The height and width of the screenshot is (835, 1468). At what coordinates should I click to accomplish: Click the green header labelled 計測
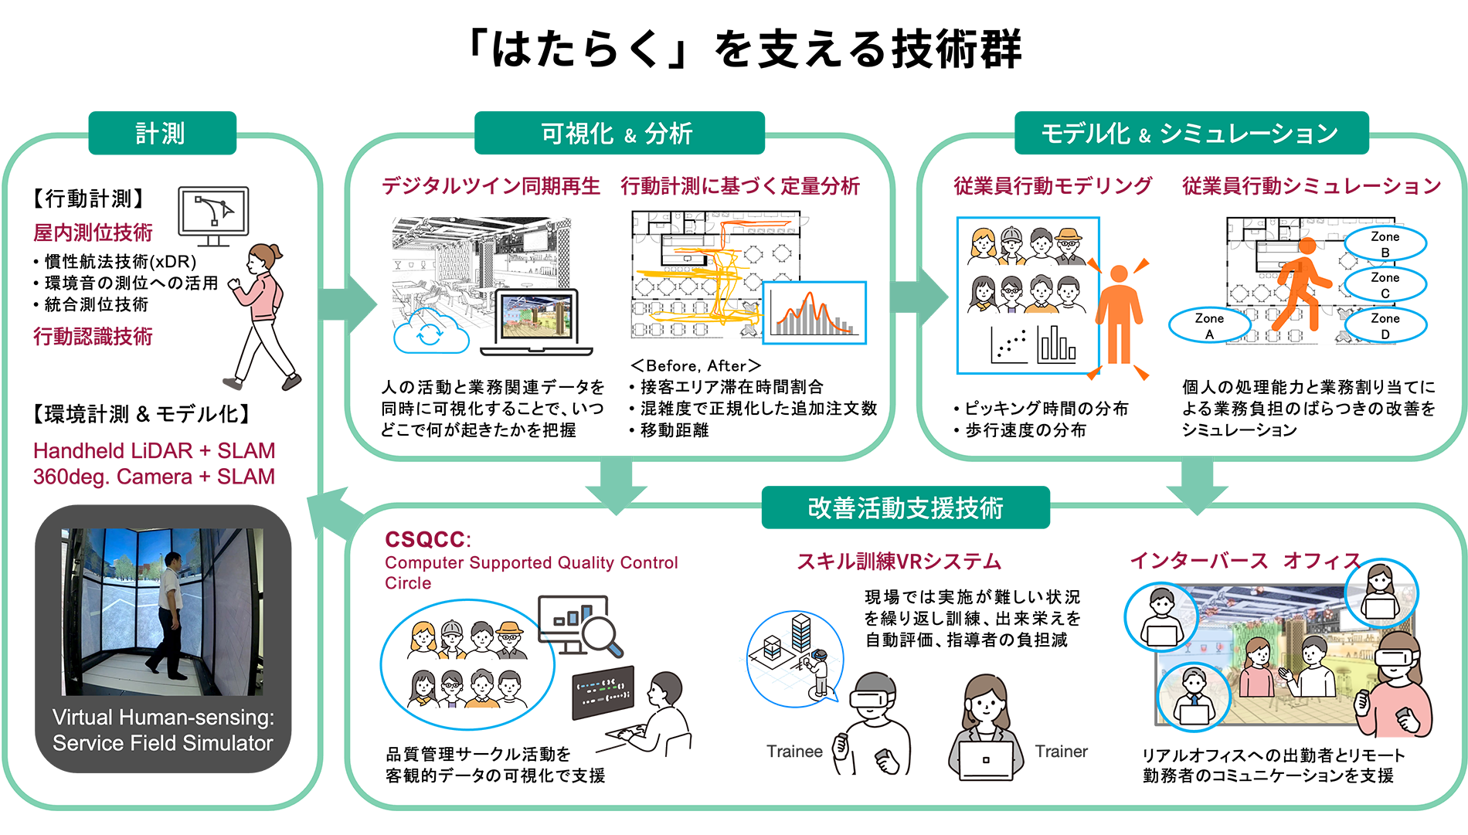click(x=162, y=133)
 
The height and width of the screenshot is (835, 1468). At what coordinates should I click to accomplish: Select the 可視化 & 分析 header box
click(x=619, y=133)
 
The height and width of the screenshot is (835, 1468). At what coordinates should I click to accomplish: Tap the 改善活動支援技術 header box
click(x=906, y=507)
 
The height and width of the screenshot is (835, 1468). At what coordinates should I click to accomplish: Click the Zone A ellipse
click(x=1210, y=325)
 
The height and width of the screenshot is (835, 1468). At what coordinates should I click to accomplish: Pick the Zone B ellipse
click(x=1385, y=244)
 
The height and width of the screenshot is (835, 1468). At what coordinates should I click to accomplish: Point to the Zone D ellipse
click(x=1385, y=325)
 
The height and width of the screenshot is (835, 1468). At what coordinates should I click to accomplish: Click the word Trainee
click(x=794, y=752)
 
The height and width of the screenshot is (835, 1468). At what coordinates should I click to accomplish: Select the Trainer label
click(x=1061, y=752)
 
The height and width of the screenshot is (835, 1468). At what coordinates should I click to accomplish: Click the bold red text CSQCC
click(x=426, y=539)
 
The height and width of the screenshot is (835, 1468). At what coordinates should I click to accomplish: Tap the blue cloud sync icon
click(x=431, y=332)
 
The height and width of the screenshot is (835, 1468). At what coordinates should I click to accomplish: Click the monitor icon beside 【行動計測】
click(x=213, y=216)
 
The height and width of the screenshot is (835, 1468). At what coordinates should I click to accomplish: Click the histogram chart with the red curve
click(x=814, y=313)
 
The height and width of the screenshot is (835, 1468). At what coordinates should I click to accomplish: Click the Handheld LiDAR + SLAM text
click(x=154, y=450)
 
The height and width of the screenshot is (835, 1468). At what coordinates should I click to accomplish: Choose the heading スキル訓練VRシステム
click(x=899, y=561)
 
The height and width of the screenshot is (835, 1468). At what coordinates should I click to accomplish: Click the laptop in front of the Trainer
click(x=986, y=760)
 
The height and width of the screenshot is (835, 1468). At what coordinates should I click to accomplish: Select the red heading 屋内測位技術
click(x=93, y=233)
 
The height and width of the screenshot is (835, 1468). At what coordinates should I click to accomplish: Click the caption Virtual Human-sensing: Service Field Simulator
click(x=163, y=730)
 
